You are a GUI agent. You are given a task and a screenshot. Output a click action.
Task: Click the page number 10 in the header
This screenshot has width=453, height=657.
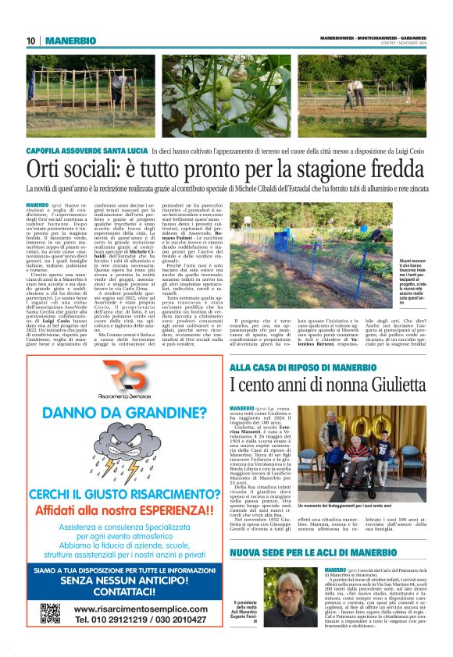pos(31,41)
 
